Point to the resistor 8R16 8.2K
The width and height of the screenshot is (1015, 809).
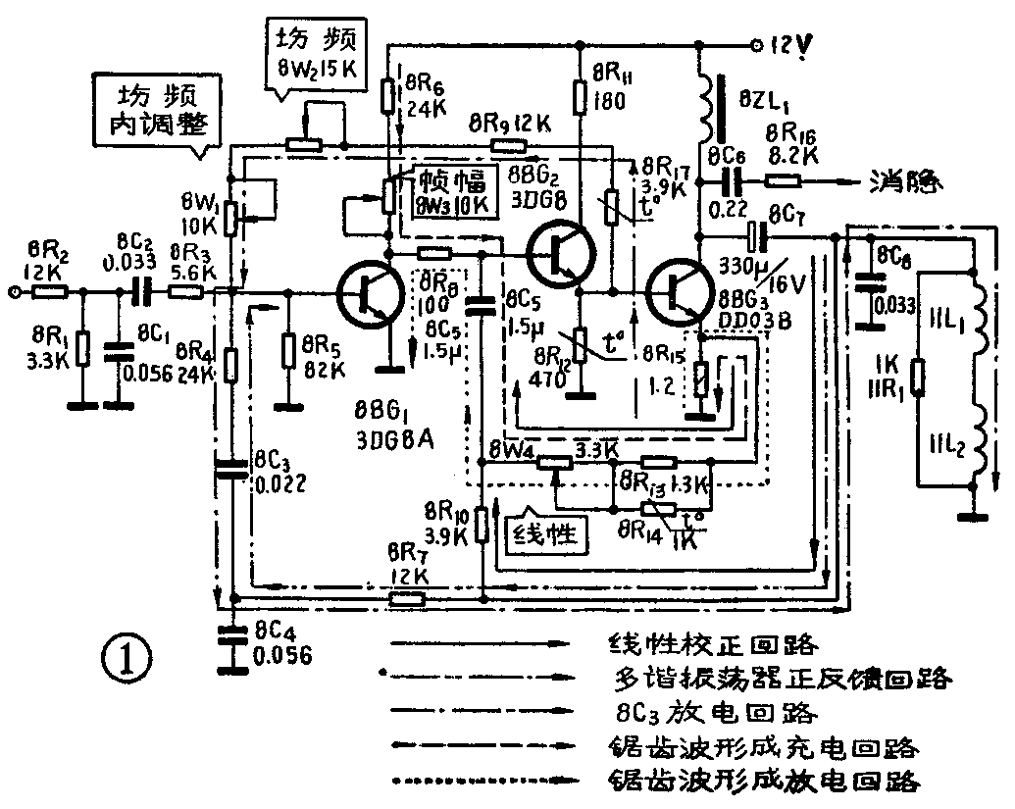tap(783, 181)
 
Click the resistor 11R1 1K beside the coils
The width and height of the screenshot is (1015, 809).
tap(917, 376)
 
